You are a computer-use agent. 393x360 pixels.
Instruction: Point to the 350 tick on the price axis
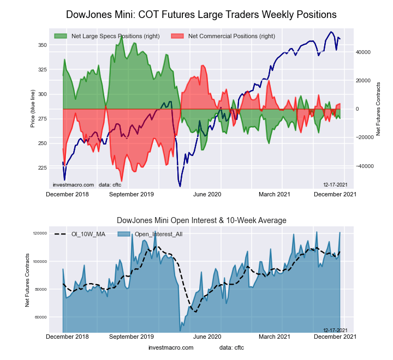(42, 45)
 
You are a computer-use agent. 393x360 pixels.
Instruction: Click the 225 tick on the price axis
(42, 168)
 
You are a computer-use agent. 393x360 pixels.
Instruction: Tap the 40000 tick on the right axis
(364, 52)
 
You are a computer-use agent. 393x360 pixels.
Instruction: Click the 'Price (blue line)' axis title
(33, 109)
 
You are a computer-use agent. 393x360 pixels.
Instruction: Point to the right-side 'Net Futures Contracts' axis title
(378, 109)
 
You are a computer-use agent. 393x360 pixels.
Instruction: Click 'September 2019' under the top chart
(132, 194)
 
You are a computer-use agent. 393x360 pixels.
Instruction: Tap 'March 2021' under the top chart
(274, 194)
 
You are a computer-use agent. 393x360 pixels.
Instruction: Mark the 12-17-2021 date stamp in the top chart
(335, 185)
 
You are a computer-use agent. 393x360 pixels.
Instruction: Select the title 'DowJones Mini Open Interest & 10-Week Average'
(201, 220)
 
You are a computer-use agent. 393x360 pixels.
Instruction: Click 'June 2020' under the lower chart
(207, 337)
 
